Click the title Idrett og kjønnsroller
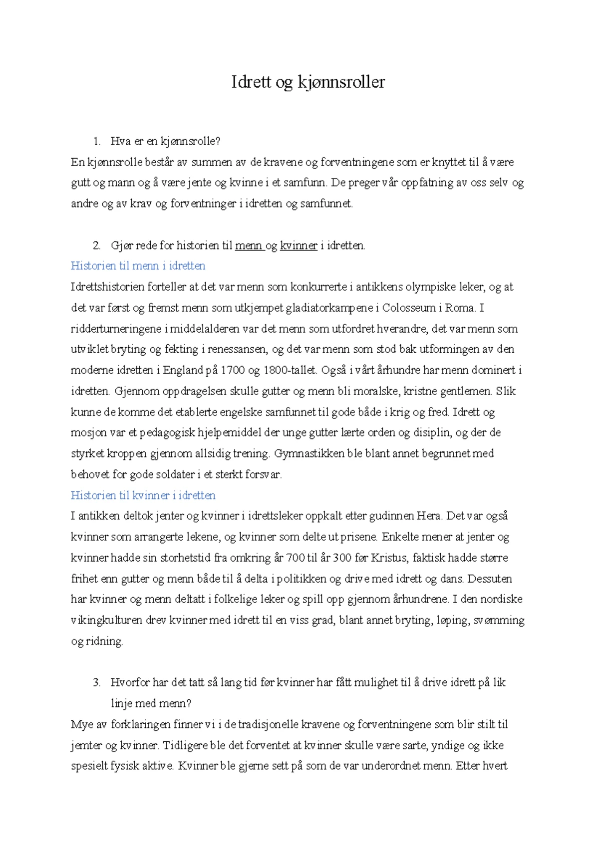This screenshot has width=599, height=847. (308, 82)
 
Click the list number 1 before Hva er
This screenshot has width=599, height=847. (96, 142)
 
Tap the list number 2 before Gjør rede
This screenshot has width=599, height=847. (96, 245)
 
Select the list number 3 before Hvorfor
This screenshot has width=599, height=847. (96, 683)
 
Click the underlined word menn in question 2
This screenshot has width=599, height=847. (248, 245)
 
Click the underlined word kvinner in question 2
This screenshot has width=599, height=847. (299, 245)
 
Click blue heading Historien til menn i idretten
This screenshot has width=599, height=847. (138, 266)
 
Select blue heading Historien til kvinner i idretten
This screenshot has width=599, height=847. (143, 495)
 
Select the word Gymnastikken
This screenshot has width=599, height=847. (306, 453)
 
